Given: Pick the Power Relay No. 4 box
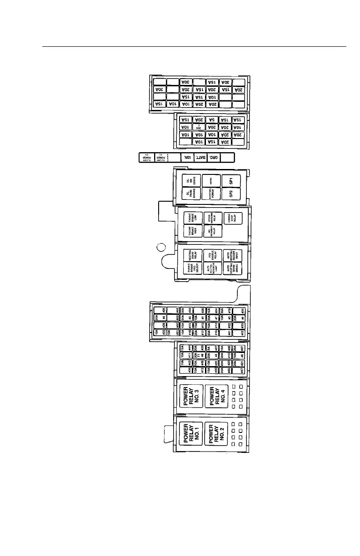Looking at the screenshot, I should pyautogui.click(x=216, y=396).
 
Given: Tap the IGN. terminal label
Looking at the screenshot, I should pyautogui.click(x=186, y=157).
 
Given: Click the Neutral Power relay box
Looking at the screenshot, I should pyautogui.click(x=211, y=194).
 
